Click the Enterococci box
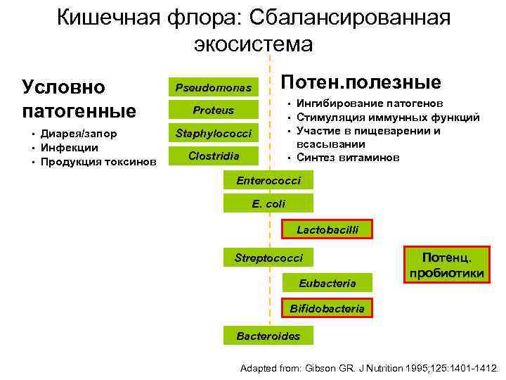[x=268, y=181]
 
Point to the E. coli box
[x=268, y=204]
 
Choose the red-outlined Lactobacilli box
[x=327, y=229]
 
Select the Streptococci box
[x=268, y=258]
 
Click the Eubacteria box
[x=327, y=283]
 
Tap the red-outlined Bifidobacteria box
[x=327, y=308]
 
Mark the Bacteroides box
[x=268, y=336]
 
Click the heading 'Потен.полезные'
[x=361, y=82]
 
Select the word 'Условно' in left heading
[x=64, y=87]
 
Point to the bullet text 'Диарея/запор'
[x=78, y=134]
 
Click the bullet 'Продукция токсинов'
[x=98, y=161]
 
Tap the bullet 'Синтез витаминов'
[x=348, y=158]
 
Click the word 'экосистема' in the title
[x=253, y=44]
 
